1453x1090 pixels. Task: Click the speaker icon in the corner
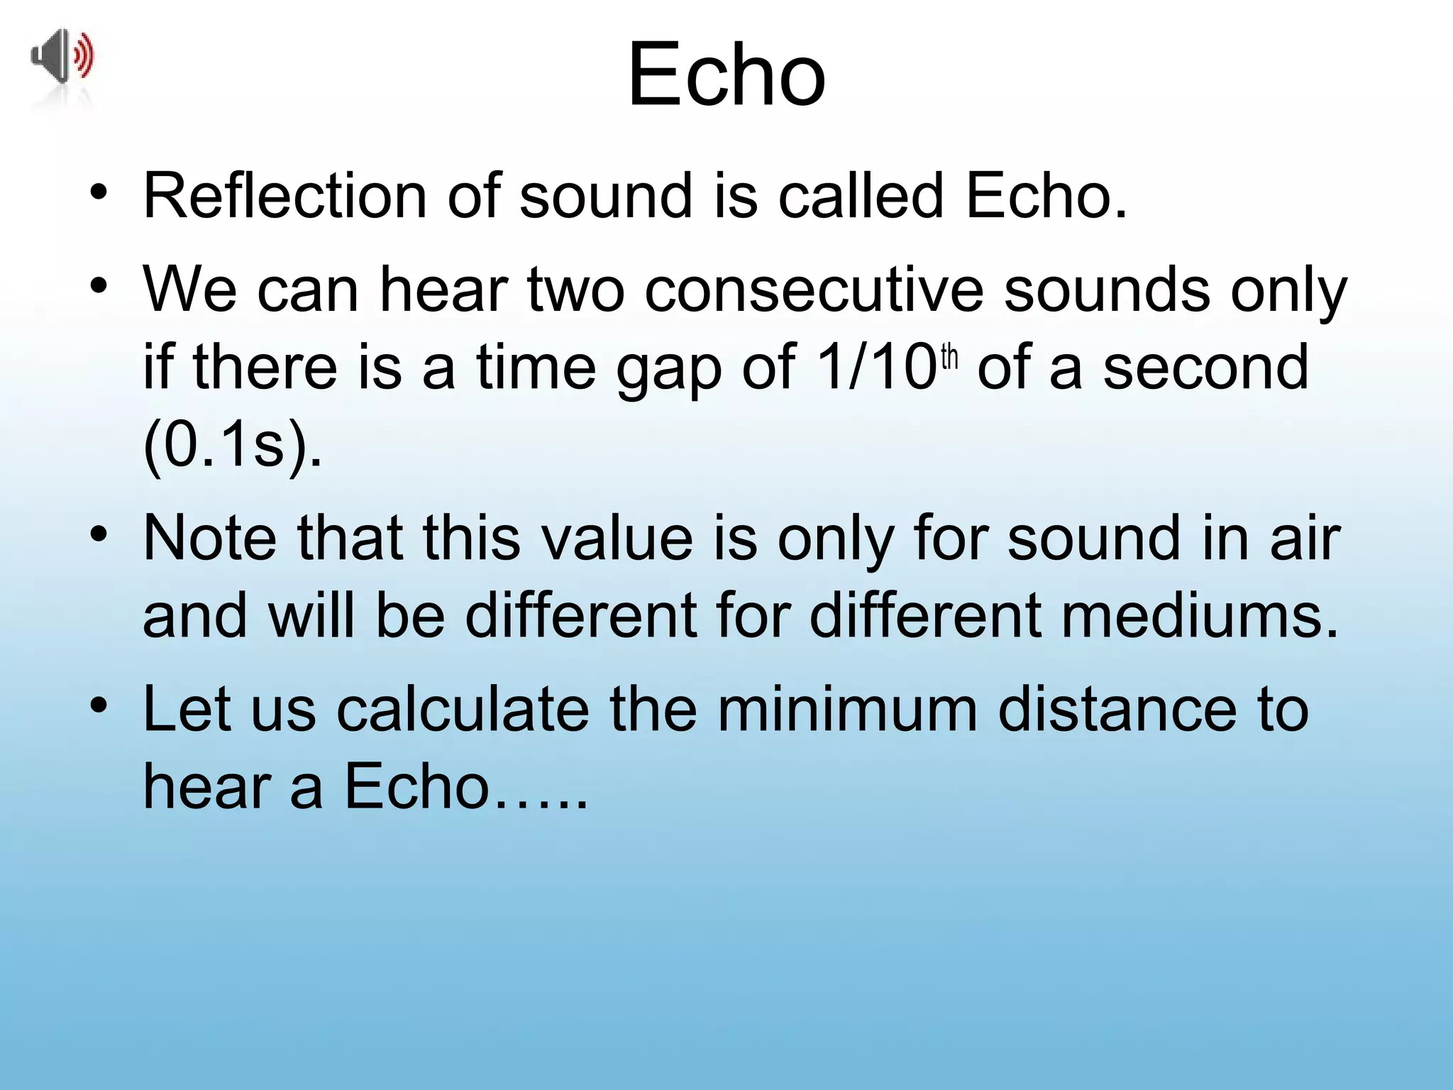tap(62, 57)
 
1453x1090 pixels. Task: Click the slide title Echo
tap(726, 75)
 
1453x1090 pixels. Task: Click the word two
tap(574, 290)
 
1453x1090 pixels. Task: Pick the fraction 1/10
tap(877, 367)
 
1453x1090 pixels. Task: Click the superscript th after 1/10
tap(949, 358)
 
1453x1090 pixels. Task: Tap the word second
tap(1205, 367)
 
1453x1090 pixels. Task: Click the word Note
tap(210, 537)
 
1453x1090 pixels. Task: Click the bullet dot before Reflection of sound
tap(99, 192)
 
